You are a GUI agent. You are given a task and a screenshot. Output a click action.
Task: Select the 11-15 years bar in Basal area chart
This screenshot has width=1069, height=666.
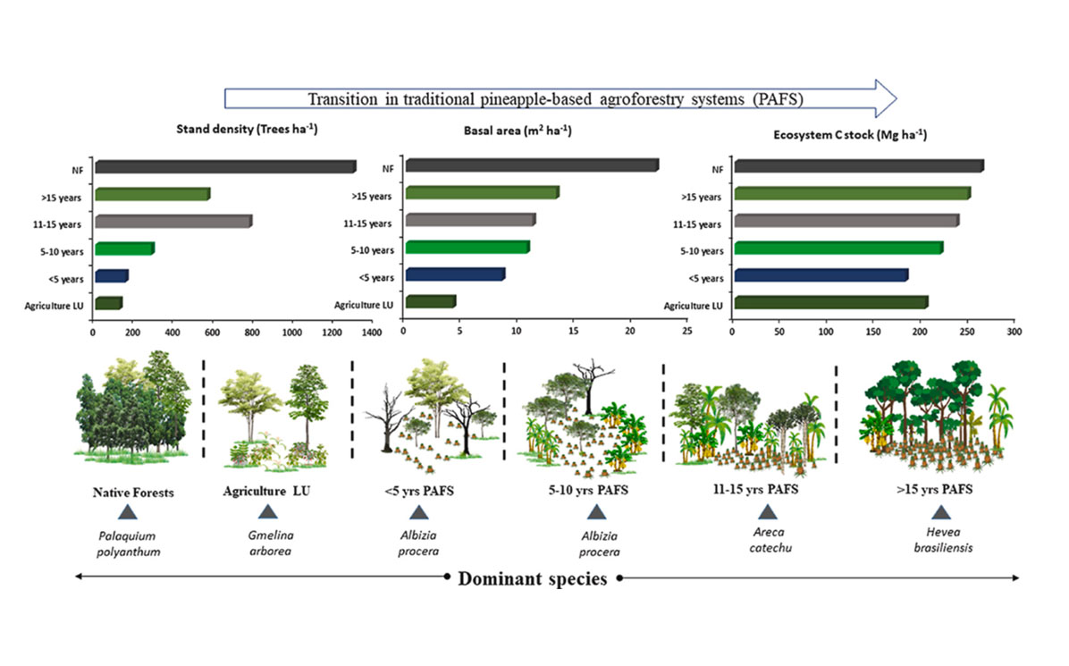pyautogui.click(x=469, y=220)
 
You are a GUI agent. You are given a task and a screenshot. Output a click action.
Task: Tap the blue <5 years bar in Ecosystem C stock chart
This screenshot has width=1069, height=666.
pyautogui.click(x=820, y=275)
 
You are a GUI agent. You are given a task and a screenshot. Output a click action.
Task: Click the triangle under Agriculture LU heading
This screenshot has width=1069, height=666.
pyautogui.click(x=266, y=512)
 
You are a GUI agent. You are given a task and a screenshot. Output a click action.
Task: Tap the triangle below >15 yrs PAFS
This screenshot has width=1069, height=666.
pyautogui.click(x=940, y=512)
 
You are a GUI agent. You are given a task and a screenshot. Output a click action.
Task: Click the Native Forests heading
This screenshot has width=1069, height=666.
pyautogui.click(x=127, y=490)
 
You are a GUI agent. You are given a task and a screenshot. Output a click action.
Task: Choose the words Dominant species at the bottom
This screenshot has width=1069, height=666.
pyautogui.click(x=533, y=578)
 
